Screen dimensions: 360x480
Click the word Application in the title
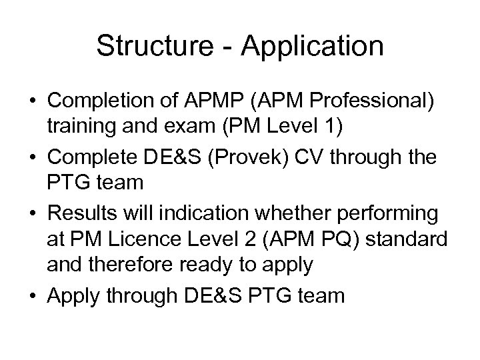click(x=314, y=47)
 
